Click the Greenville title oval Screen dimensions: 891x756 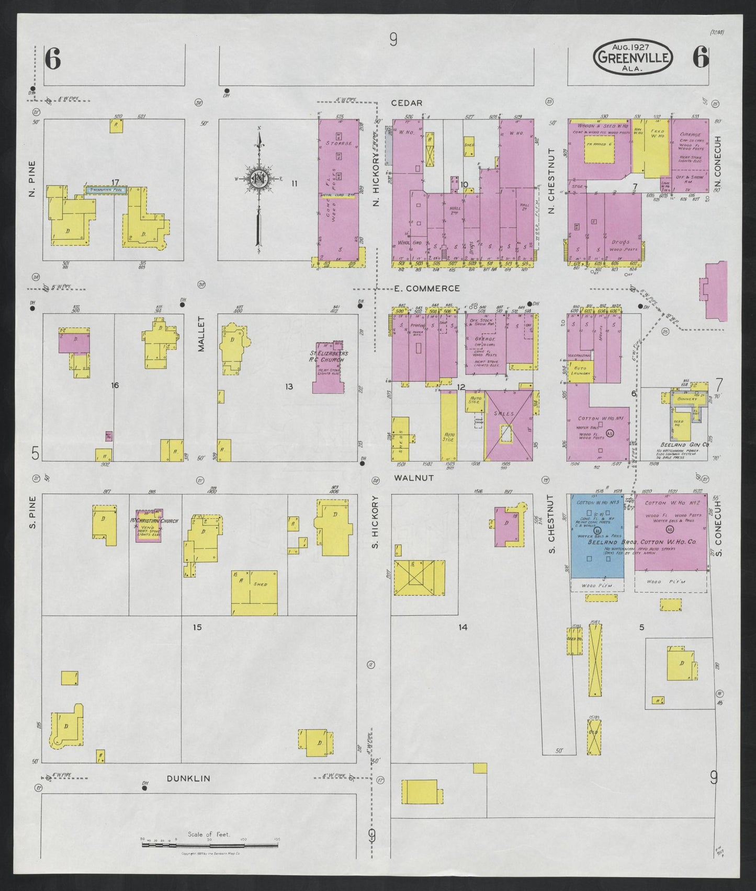click(633, 57)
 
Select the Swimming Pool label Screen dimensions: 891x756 click(106, 191)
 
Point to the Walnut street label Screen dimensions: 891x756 click(414, 477)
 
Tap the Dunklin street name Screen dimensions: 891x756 click(188, 779)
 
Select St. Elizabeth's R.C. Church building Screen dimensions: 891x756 click(329, 370)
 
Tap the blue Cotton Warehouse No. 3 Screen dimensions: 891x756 click(597, 535)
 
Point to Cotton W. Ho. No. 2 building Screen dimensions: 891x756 click(671, 533)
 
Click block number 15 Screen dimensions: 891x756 click(197, 627)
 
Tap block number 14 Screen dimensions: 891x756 click(462, 627)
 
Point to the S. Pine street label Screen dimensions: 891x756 click(32, 517)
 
